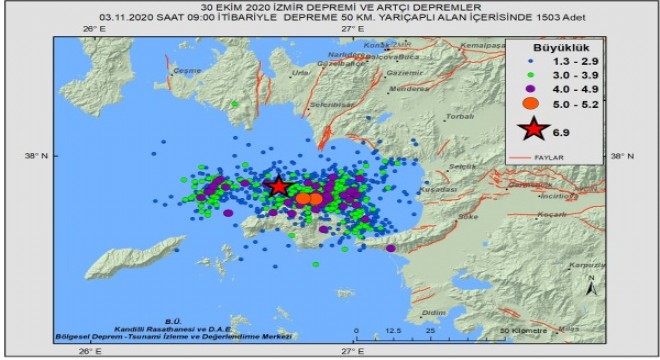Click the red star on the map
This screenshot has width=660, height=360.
(279, 186)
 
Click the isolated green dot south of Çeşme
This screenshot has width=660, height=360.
(235, 103)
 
